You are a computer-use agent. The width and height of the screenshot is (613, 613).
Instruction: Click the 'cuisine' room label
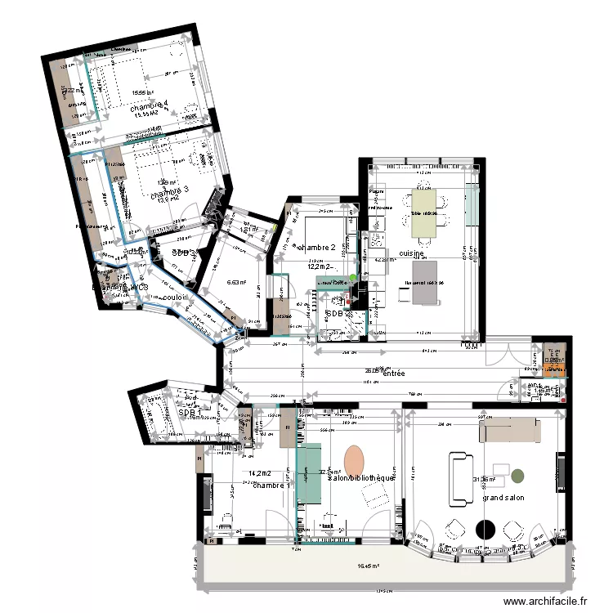(411, 254)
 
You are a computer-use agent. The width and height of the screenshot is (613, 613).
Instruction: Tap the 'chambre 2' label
(316, 247)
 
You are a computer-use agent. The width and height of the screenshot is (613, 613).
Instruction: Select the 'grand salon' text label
(503, 497)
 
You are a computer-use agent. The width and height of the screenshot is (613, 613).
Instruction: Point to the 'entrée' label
(394, 374)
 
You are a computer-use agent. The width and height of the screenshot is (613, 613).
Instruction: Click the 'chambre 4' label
(148, 105)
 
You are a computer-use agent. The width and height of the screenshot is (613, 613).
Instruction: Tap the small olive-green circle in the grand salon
(520, 473)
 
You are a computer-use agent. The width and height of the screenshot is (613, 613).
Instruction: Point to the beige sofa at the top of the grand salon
(509, 429)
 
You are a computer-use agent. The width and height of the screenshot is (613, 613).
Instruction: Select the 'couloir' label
(177, 297)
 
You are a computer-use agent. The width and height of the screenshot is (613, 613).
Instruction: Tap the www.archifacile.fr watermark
(546, 601)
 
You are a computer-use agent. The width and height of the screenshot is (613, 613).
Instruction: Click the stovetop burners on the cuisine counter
(378, 239)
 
